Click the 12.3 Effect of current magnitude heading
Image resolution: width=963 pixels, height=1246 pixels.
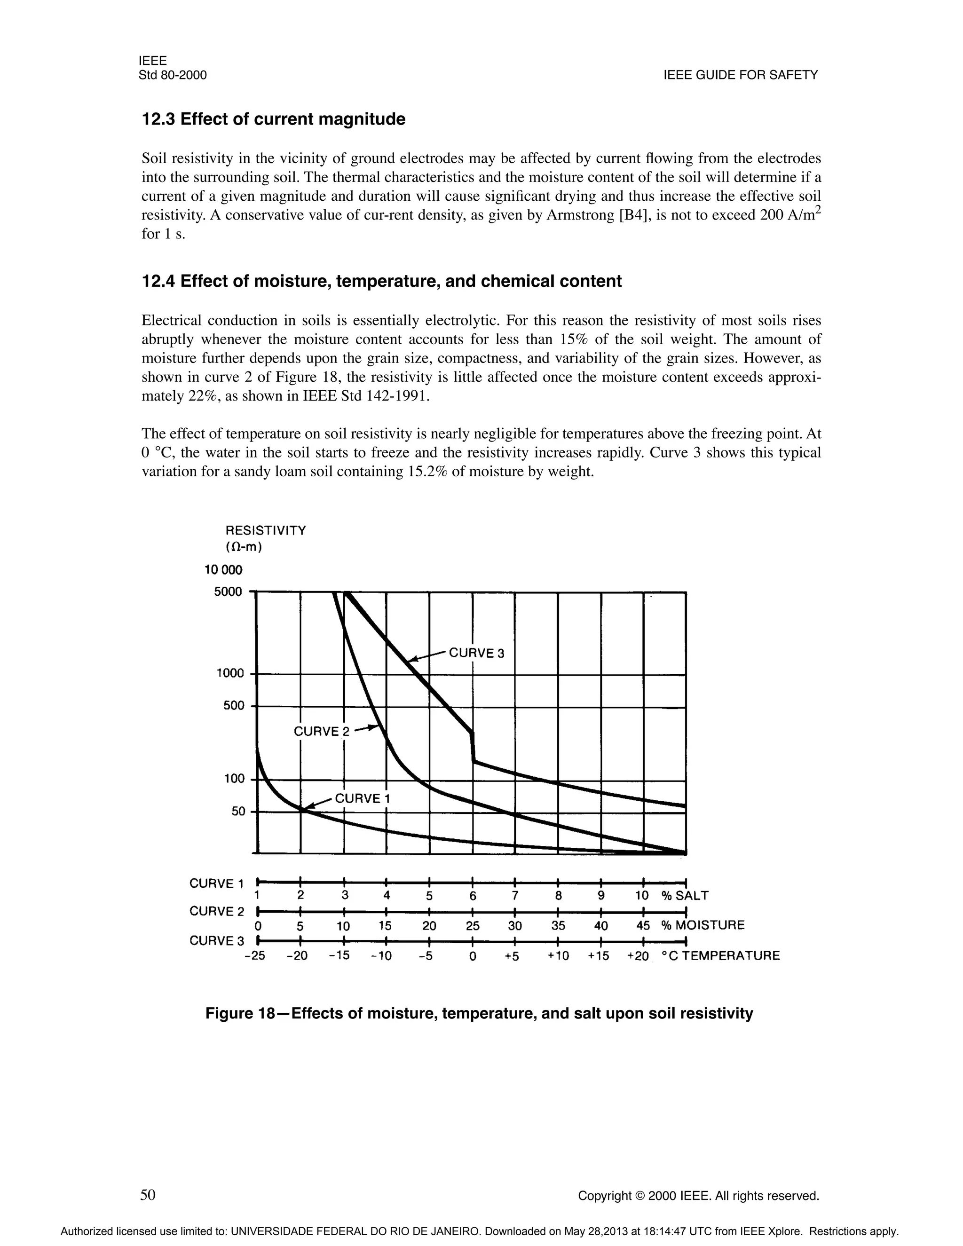tap(273, 119)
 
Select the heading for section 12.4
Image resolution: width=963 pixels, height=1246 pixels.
tap(381, 281)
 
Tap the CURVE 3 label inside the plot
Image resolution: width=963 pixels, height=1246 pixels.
tap(476, 653)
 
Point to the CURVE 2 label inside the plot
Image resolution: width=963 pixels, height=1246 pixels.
tap(316, 732)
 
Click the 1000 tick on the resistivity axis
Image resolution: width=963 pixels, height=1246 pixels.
tap(230, 673)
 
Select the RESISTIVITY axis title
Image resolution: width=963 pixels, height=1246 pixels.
tap(266, 530)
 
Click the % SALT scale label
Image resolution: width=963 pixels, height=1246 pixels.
tap(685, 896)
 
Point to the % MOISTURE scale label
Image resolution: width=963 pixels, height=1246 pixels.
tap(703, 925)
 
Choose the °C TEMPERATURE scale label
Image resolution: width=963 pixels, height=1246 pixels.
tap(720, 955)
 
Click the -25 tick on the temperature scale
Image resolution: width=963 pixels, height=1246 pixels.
tap(254, 955)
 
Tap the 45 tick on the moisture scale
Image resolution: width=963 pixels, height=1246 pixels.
tap(643, 925)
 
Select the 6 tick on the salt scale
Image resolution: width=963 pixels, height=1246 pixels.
tap(473, 896)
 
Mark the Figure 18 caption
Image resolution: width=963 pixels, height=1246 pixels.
tap(479, 1013)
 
